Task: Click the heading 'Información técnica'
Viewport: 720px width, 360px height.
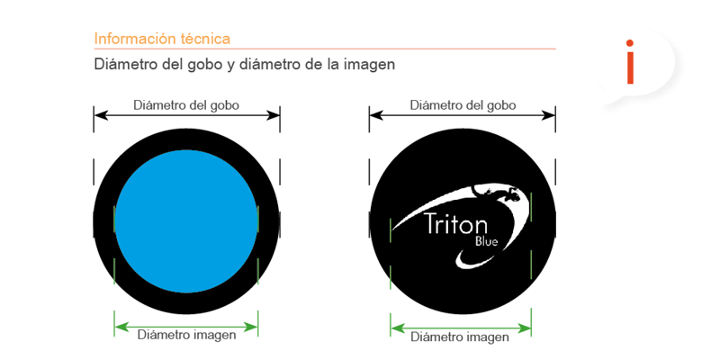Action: pyautogui.click(x=162, y=39)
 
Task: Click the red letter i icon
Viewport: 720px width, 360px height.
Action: pyautogui.click(x=630, y=62)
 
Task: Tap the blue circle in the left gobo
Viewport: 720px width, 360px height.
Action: pyautogui.click(x=186, y=221)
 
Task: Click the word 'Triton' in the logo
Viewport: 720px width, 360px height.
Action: pyautogui.click(x=455, y=223)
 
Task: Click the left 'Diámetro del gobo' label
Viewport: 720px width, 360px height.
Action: pyautogui.click(x=186, y=105)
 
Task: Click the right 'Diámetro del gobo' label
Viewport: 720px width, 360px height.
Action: pyautogui.click(x=463, y=105)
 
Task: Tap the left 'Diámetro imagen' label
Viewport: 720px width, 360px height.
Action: pyautogui.click(x=186, y=335)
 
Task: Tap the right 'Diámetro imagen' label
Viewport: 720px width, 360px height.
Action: pyautogui.click(x=460, y=337)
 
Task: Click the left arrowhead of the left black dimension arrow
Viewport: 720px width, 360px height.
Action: pyautogui.click(x=99, y=115)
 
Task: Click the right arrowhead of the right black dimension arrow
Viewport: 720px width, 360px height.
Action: pyautogui.click(x=550, y=115)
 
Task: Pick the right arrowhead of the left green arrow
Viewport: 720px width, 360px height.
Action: pyautogui.click(x=253, y=327)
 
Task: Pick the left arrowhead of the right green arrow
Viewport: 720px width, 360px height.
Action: pyautogui.click(x=396, y=328)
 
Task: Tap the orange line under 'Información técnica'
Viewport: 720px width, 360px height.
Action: pyautogui.click(x=325, y=49)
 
